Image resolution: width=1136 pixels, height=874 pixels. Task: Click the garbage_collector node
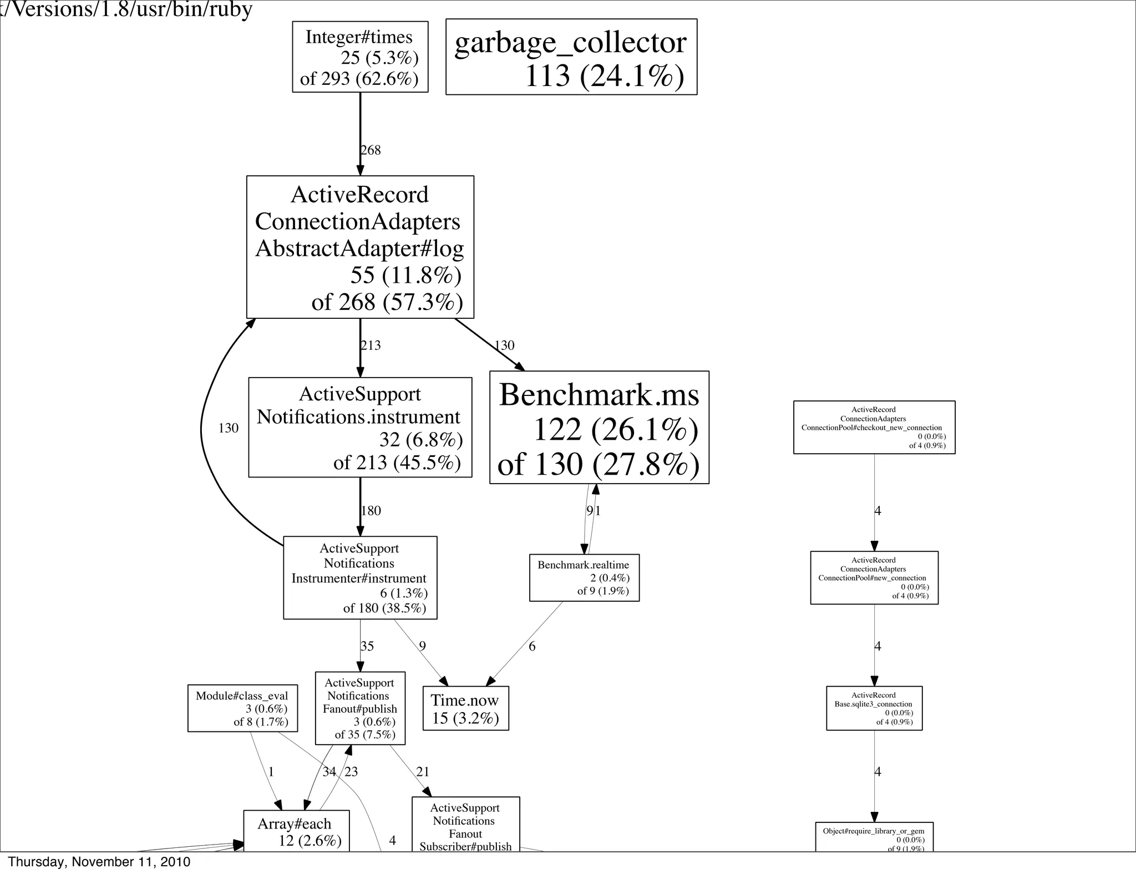point(571,57)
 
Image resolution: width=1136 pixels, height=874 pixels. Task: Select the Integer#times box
point(360,57)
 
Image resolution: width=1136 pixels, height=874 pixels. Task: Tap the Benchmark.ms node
point(599,428)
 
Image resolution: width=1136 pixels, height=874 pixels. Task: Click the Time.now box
point(465,709)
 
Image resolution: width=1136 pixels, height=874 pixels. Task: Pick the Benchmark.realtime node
point(584,578)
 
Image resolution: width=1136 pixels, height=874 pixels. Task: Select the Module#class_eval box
point(242,708)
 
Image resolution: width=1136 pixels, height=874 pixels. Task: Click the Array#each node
point(297,831)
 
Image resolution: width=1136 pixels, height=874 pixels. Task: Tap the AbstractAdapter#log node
point(360,247)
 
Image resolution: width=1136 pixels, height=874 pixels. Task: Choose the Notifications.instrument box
point(360,428)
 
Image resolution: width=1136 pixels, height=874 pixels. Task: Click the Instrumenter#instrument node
point(360,578)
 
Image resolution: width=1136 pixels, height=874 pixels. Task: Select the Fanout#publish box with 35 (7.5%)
point(360,708)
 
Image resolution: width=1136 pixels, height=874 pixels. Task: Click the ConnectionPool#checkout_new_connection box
point(874,428)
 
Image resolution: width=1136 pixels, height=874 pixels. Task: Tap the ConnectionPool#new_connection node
point(874,578)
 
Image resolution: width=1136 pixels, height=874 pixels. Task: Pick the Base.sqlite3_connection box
point(874,708)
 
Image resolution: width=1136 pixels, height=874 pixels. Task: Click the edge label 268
point(371,150)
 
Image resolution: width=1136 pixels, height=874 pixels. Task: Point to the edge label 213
point(371,345)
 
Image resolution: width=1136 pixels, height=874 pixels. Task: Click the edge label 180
point(371,511)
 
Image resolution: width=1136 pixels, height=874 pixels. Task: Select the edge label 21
point(423,772)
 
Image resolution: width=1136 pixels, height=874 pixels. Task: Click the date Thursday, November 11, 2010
point(99,862)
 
